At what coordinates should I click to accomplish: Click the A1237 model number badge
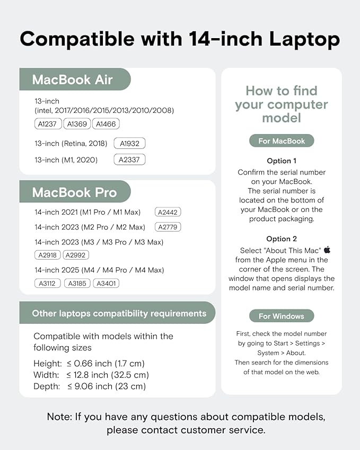click(48, 124)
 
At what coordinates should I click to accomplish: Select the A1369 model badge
click(77, 124)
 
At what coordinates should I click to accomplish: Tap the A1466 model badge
click(106, 124)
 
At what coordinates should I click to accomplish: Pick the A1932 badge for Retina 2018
click(129, 143)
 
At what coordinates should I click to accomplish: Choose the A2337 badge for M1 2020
click(129, 160)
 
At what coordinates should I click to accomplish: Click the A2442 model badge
click(168, 212)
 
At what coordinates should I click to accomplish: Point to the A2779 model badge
click(168, 227)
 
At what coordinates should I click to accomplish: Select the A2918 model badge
click(48, 255)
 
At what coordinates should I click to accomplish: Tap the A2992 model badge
click(76, 255)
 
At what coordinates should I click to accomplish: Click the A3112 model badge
click(48, 284)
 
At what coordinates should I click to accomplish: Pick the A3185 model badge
click(77, 284)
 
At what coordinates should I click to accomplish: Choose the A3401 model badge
click(106, 284)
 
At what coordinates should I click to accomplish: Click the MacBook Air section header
click(73, 80)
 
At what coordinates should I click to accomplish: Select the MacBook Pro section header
click(74, 192)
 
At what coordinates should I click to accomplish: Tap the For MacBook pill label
click(282, 141)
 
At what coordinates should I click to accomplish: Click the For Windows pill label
click(282, 316)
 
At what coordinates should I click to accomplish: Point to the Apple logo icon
click(327, 249)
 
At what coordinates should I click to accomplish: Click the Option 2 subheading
click(282, 239)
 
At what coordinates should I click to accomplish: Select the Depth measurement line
click(89, 386)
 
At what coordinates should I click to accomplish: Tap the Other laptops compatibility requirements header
click(118, 313)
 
